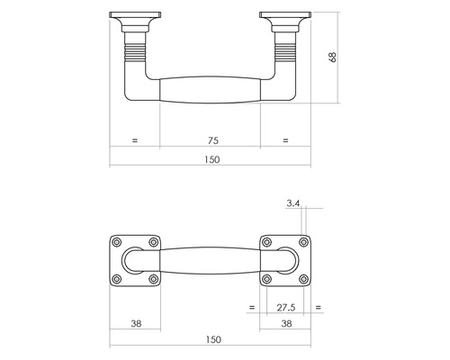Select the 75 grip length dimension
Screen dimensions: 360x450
[212, 140]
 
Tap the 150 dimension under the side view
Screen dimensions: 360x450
[212, 159]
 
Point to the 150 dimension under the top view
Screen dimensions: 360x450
[212, 340]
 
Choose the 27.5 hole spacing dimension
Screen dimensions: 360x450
[285, 307]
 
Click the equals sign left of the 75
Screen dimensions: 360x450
[135, 140]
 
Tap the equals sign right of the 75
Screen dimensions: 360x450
[285, 140]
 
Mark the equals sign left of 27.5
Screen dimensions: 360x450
[250, 307]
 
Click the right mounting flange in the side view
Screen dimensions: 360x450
[285, 18]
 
